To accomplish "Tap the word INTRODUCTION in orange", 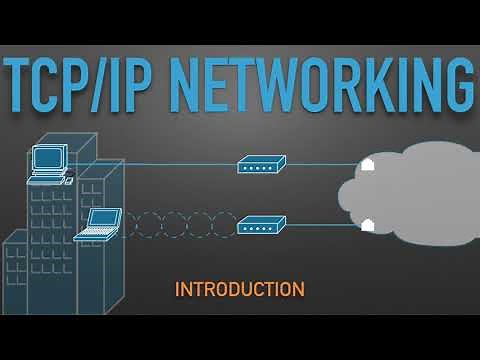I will pos(239,290).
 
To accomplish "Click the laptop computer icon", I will pos(101,224).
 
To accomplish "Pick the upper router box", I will pos(261,164).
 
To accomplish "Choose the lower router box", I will pos(261,225).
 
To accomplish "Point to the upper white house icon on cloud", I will pos(367,165).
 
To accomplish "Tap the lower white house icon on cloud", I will pos(367,225).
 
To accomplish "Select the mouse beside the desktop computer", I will pos(69,180).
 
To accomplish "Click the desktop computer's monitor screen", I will pos(48,158).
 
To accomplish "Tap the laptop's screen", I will pos(104,218).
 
